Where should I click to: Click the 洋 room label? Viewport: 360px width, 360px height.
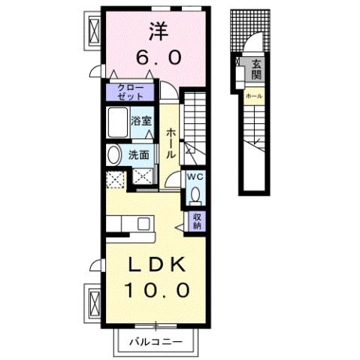pyautogui.click(x=156, y=32)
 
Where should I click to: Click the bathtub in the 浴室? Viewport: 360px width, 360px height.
pyautogui.click(x=119, y=121)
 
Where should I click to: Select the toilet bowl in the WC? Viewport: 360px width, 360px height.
pyautogui.click(x=195, y=195)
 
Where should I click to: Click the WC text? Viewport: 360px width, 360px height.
pyautogui.click(x=195, y=177)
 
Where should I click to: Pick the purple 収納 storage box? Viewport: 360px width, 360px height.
pyautogui.click(x=197, y=219)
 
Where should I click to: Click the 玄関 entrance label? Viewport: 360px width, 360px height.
pyautogui.click(x=256, y=69)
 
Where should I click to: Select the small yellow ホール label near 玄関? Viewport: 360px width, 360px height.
pyautogui.click(x=253, y=97)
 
